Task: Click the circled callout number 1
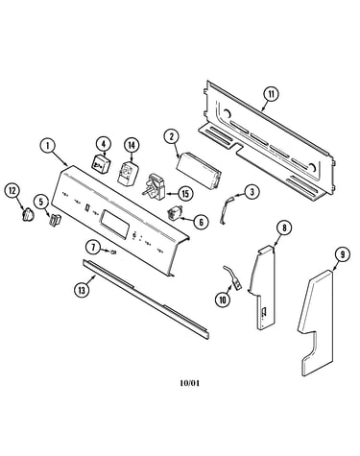(47, 146)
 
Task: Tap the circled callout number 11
(271, 94)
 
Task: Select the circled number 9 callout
(343, 254)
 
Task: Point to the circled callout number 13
(83, 290)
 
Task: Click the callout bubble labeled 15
(185, 193)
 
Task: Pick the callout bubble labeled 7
(93, 248)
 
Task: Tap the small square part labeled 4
(101, 164)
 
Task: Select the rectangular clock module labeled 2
(199, 172)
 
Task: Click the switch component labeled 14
(128, 173)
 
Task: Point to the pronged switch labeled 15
(156, 186)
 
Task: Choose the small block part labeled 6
(175, 213)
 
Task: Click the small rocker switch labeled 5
(55, 221)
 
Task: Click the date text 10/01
(190, 383)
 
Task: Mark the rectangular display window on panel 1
(114, 223)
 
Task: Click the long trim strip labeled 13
(146, 299)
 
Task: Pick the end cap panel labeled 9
(316, 323)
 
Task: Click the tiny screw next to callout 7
(112, 252)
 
